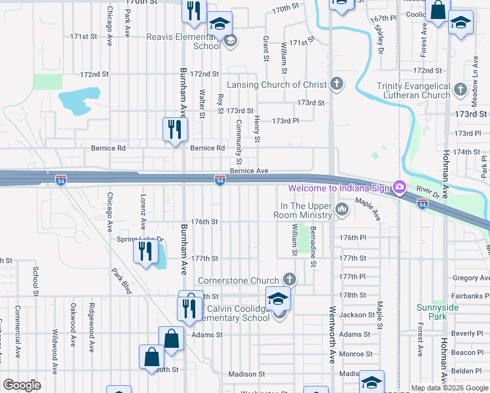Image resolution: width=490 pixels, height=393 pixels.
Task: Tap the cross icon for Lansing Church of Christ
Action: tap(337, 84)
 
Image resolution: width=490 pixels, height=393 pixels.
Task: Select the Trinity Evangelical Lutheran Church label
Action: tap(413, 90)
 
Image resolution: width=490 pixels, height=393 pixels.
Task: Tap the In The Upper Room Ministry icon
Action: tap(342, 210)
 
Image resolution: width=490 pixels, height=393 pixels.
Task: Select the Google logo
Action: tap(22, 384)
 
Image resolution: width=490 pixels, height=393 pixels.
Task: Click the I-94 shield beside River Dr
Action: tap(422, 204)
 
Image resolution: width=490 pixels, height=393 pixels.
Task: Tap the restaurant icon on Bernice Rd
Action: tap(175, 128)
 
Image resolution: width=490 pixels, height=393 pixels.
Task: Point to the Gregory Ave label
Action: tap(470, 278)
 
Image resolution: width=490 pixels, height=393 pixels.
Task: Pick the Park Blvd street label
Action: tap(121, 279)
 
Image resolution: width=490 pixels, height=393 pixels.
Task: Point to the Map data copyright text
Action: tap(449, 388)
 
